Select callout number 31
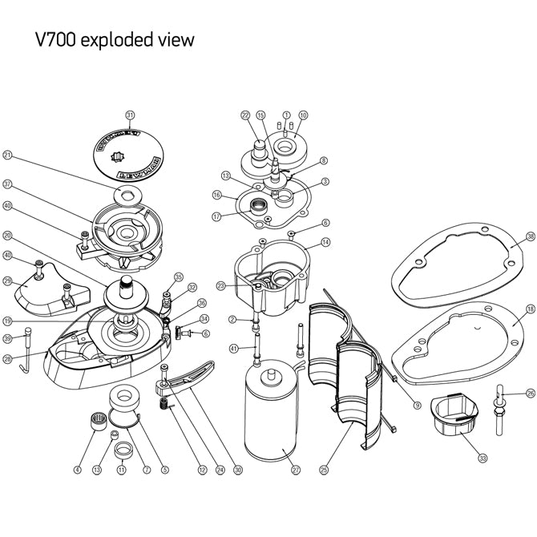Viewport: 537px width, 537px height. pos(131,115)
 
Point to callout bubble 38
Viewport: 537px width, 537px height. pos(530,236)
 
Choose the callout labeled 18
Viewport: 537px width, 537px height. pos(530,309)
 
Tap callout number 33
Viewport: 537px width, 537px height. pos(482,458)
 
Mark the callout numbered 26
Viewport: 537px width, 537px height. pos(530,393)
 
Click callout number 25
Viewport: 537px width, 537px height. pos(324,470)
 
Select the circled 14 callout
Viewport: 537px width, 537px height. pos(325,241)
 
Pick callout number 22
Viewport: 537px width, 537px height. pos(245,115)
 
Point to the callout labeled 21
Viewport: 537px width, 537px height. pos(7,155)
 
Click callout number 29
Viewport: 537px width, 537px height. pos(7,281)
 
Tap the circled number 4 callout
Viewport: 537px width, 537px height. pos(77,470)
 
